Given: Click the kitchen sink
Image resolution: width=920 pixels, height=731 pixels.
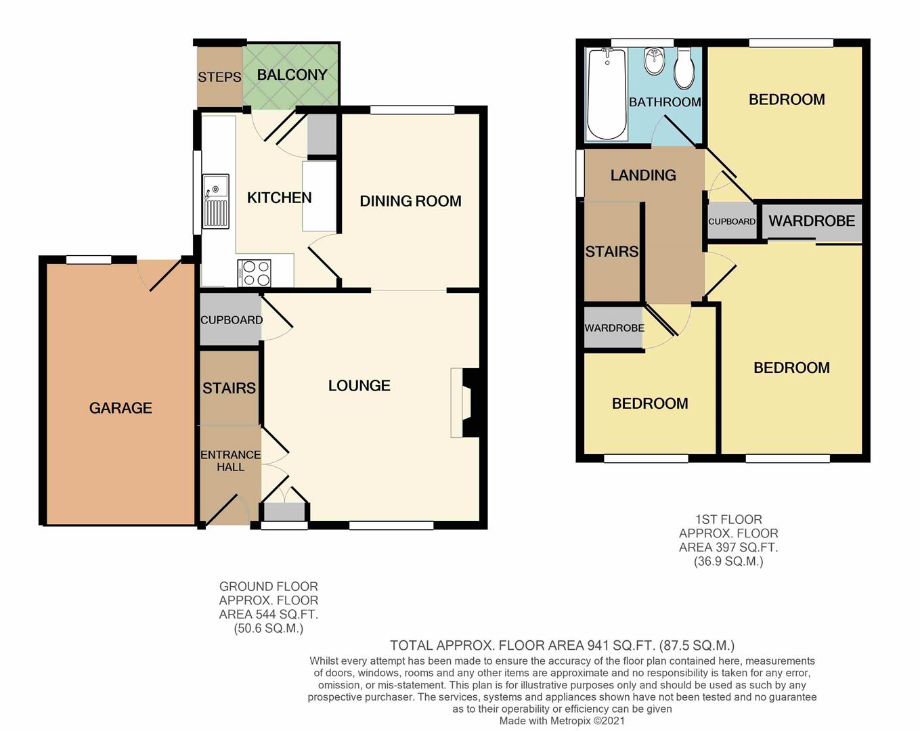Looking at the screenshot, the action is (215, 201).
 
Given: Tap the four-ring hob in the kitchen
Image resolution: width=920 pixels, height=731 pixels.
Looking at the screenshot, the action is (255, 273).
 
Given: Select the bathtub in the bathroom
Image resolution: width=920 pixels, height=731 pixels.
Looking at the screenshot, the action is (607, 94).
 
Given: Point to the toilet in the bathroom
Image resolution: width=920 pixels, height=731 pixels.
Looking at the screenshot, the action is (684, 68).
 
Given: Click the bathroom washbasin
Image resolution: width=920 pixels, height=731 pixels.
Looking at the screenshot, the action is (653, 61).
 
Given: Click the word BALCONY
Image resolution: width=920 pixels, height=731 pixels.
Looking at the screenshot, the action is (292, 75).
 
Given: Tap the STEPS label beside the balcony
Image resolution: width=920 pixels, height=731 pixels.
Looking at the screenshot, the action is (219, 77).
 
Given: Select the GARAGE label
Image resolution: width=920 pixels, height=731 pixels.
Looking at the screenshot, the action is (121, 408).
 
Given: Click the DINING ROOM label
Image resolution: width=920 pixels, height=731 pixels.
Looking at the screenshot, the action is (410, 201).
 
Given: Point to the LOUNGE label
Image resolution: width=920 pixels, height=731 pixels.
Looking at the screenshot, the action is (359, 386).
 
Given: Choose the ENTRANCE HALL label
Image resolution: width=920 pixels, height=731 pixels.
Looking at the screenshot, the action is (230, 460).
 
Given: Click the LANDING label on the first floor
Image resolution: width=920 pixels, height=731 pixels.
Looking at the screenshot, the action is (643, 175).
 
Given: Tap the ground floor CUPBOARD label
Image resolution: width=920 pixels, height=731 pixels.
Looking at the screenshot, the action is (232, 319).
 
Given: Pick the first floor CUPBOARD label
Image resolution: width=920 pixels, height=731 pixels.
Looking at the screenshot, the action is (732, 221).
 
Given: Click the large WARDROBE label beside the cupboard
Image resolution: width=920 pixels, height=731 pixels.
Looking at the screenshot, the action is (812, 221).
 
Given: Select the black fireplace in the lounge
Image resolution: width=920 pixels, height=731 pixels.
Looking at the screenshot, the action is (471, 403).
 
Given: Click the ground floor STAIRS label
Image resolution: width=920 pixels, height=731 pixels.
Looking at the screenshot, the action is (229, 388).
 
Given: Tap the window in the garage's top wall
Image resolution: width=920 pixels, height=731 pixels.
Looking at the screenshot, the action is (89, 259).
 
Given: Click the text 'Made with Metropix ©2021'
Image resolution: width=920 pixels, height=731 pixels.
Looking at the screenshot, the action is (562, 721).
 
